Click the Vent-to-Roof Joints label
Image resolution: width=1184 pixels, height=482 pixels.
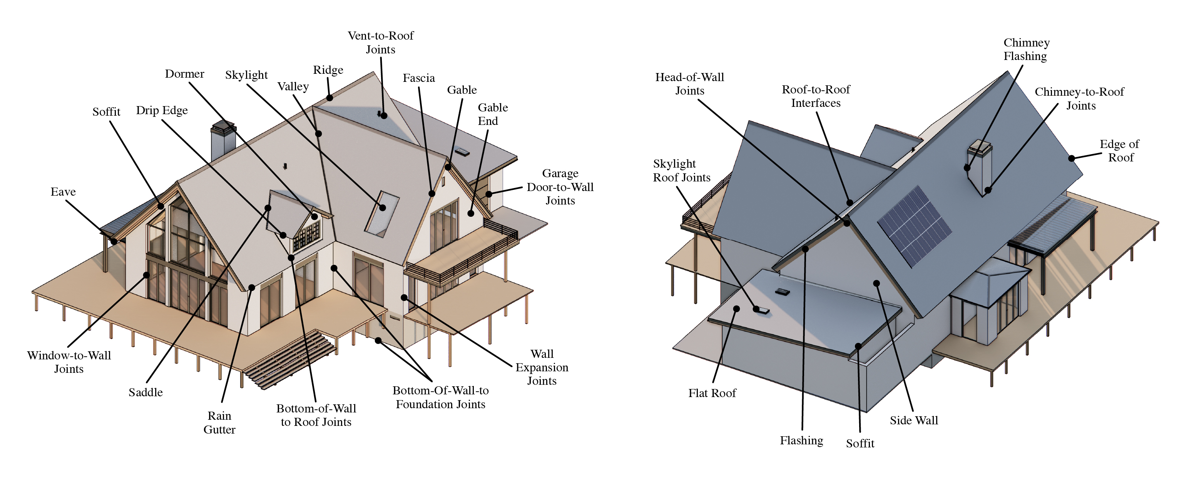[x=380, y=42]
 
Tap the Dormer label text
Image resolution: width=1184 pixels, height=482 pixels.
[x=184, y=74]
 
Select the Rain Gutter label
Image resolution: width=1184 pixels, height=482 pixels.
[x=219, y=422]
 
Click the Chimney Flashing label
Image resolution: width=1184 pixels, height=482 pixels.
[x=1026, y=49]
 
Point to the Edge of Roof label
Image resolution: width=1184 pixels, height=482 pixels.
[x=1120, y=151]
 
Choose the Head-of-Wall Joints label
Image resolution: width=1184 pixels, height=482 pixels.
[x=689, y=83]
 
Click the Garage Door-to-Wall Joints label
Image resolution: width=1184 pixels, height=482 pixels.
[x=560, y=187]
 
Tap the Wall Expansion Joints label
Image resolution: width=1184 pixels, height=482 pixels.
[x=542, y=367]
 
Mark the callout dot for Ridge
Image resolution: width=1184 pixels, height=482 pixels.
[x=329, y=98]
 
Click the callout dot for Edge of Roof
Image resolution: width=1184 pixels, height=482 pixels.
[x=1071, y=158]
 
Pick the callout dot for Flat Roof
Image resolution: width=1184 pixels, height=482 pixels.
[x=736, y=309]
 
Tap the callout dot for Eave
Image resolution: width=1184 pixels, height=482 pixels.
[x=114, y=241]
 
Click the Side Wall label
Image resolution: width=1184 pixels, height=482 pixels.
[x=914, y=421]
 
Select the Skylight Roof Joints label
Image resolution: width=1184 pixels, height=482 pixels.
[x=681, y=171]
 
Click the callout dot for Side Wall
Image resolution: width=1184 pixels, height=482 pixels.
[x=876, y=283]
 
